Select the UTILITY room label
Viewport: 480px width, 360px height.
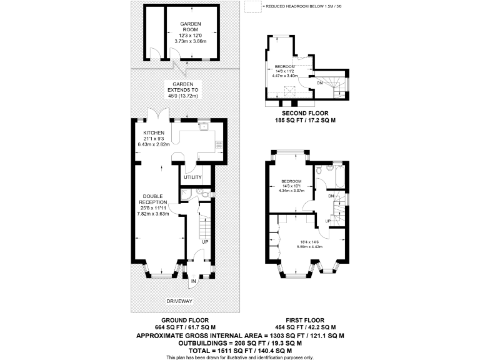point(192,177)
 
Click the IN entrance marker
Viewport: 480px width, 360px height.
point(193,282)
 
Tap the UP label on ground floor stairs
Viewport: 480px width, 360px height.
point(204,241)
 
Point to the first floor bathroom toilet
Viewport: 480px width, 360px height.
point(319,169)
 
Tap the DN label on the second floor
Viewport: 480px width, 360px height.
point(320,82)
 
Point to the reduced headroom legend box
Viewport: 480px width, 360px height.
point(252,7)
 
